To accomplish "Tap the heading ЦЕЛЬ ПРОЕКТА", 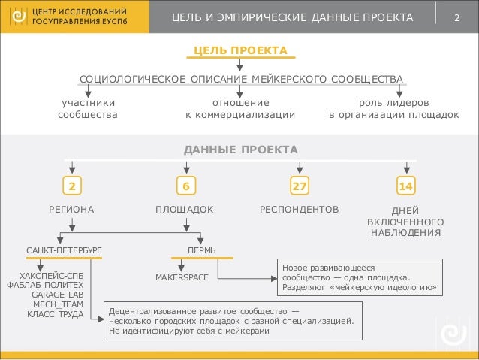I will point(240,50).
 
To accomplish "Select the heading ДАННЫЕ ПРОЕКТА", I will point(240,150).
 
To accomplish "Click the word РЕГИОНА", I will point(72,208).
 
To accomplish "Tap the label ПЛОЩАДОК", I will point(185,208).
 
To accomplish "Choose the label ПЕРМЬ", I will point(202,249).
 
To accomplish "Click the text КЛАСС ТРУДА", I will point(55,315).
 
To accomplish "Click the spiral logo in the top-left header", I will point(16,17).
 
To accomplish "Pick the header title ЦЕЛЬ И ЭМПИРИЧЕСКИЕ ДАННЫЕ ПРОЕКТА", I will point(293,17).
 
